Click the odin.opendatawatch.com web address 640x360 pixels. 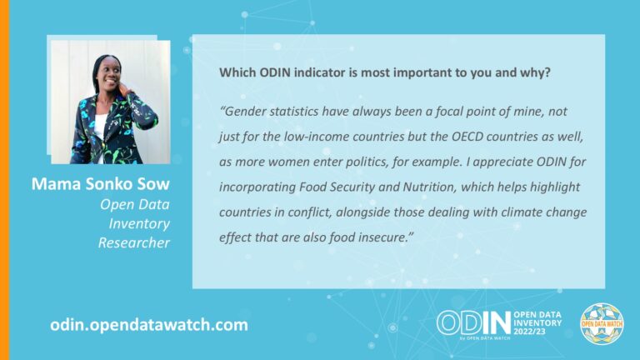(149, 324)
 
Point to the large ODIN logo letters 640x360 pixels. (470, 322)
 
